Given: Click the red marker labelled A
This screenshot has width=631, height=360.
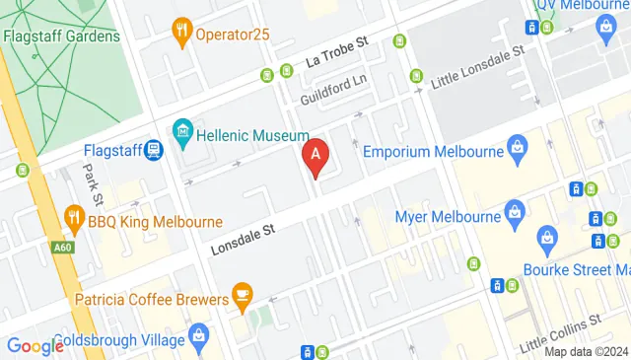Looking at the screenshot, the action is tap(315, 156).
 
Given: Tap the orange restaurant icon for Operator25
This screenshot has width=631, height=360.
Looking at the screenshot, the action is tap(180, 32).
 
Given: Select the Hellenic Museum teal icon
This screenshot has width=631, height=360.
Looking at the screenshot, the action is tap(181, 130).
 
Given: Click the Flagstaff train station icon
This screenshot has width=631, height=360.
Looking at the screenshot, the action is tap(153, 152).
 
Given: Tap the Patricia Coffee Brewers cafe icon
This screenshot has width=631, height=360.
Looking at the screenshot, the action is tap(241, 294).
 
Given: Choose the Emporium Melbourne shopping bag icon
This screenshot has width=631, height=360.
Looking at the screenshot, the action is tap(516, 150).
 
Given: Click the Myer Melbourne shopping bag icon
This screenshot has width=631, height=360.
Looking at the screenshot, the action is tap(514, 212).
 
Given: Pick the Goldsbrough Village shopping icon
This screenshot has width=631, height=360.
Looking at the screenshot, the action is tap(199, 336).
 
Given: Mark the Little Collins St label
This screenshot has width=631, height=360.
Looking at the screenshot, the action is tap(561, 325).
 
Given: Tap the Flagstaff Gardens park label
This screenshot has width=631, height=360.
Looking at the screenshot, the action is tap(61, 36).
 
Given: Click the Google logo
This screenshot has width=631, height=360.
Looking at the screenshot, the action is tap(35, 345).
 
